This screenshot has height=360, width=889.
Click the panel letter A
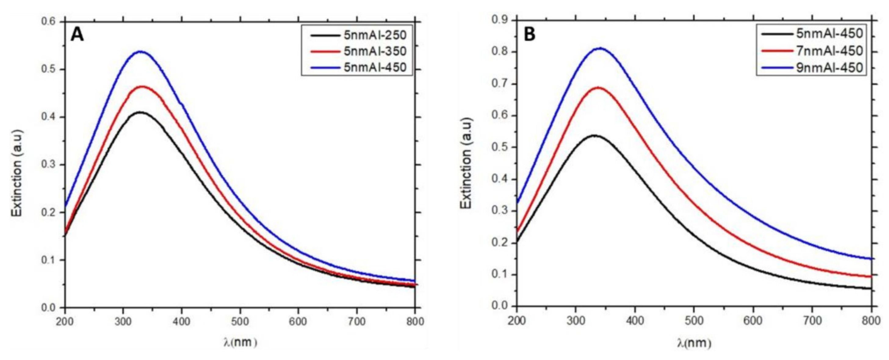coord(77,35)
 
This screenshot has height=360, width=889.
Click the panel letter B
coord(530,35)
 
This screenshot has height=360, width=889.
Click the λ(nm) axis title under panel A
coord(240,342)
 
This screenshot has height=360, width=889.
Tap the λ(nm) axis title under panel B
coord(694,343)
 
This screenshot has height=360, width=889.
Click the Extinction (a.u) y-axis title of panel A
coord(16,173)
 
